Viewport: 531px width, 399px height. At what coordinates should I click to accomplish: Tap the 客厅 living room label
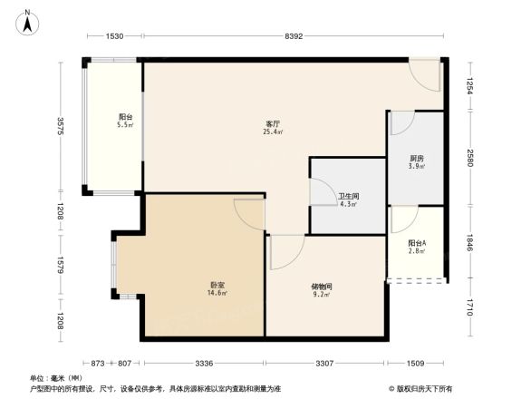tap(272, 123)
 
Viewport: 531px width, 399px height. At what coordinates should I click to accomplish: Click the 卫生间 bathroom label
tap(347, 196)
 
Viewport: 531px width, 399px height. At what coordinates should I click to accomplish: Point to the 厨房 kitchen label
tap(416, 159)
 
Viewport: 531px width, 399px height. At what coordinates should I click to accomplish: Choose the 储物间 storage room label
tap(323, 286)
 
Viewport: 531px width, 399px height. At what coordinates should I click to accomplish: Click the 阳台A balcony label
tap(417, 242)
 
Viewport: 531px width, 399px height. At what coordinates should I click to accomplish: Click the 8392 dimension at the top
tap(293, 35)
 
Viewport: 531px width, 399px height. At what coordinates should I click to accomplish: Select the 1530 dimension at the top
tap(114, 35)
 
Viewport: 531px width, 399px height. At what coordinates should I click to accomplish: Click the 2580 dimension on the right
tap(470, 158)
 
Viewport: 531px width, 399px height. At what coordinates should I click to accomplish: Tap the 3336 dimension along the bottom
tap(204, 364)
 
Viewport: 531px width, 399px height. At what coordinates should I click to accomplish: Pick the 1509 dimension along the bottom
tap(415, 364)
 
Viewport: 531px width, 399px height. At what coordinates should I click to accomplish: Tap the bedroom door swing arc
tap(248, 214)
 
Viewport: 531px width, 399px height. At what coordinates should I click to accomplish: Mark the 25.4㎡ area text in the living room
tap(272, 132)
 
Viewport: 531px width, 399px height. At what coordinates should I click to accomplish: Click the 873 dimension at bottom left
tap(97, 364)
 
